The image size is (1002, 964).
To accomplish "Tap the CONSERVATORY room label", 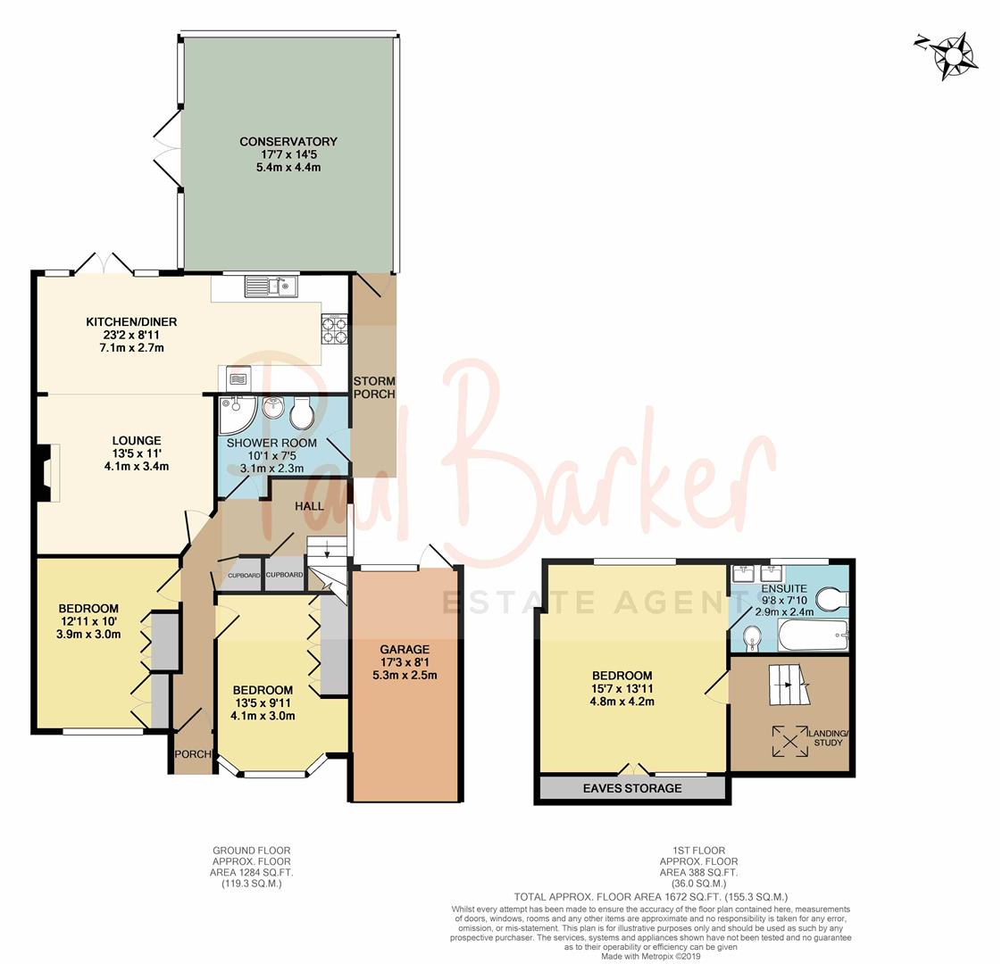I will point(288,141).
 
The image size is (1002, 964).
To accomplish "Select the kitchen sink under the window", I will point(271,287).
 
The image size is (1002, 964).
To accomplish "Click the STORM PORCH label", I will point(373,387).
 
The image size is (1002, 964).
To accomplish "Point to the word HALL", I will point(310,506).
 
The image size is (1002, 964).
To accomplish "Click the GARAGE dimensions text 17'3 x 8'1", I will point(404,662).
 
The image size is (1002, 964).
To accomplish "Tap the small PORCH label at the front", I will point(192,754).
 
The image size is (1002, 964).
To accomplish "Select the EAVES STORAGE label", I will point(631,788).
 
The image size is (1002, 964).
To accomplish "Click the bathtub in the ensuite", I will point(812,638).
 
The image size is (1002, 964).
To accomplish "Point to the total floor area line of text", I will point(650,896).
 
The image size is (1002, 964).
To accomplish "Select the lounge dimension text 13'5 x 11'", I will point(137,453).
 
